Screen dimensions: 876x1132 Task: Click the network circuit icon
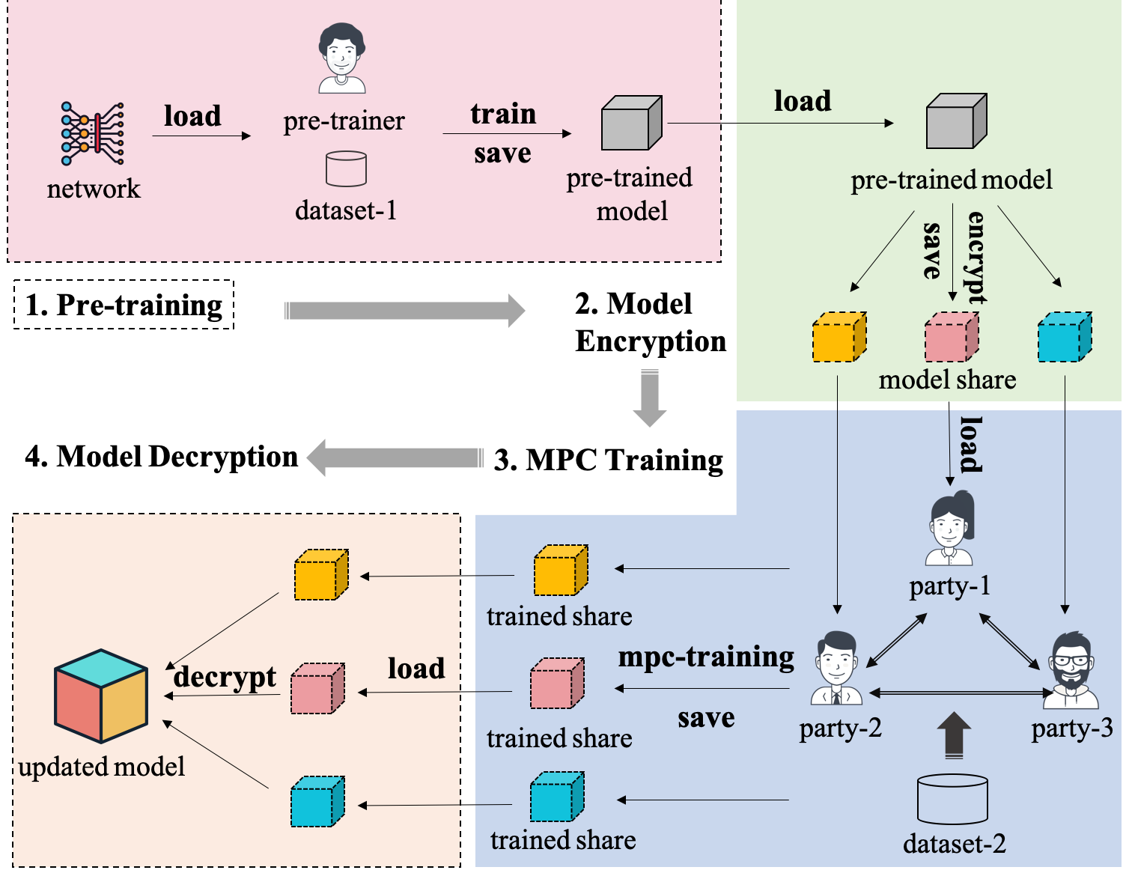93,133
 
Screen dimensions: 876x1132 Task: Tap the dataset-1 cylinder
346,168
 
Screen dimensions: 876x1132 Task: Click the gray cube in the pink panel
631,123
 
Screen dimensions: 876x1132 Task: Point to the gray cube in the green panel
956,121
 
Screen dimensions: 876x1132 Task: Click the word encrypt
976,257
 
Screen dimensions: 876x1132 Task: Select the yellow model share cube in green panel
839,338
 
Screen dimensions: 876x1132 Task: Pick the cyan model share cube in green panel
1064,338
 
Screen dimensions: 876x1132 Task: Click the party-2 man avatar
836,668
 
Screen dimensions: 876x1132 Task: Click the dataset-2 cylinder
952,800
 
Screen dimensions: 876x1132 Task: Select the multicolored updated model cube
101,696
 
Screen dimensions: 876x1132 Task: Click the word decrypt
225,676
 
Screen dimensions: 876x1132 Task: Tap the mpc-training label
706,657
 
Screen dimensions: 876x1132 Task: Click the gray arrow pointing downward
649,398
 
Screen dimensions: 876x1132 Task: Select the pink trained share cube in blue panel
556,684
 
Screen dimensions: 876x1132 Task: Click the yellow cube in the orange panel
320,575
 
